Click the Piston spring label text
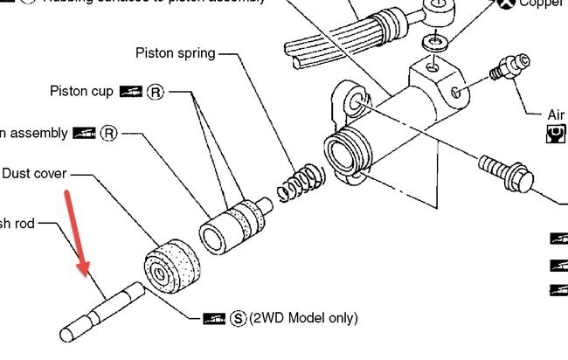(x=175, y=53)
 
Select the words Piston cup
(x=82, y=92)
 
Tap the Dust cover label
(x=34, y=174)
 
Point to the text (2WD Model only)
(x=303, y=317)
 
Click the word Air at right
(x=556, y=114)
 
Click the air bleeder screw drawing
(x=508, y=67)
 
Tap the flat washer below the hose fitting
(x=434, y=42)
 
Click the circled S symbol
(x=238, y=318)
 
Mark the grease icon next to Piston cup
(x=131, y=92)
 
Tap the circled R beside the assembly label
(x=108, y=134)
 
